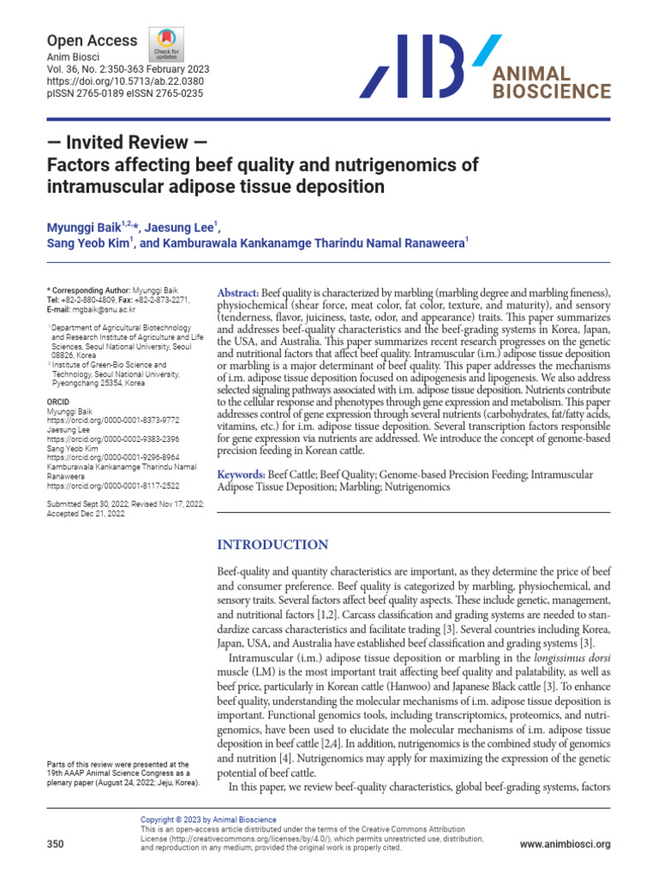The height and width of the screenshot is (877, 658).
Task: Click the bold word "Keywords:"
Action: [x=242, y=474]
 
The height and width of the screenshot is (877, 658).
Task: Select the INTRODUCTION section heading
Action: [x=272, y=545]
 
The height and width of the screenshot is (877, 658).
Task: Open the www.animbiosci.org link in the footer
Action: [x=565, y=844]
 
